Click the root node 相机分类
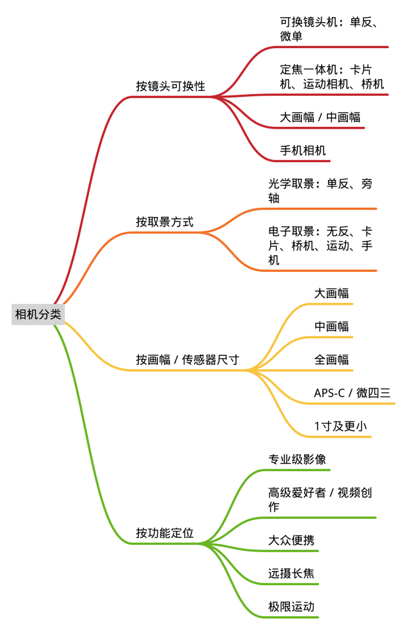[38, 314]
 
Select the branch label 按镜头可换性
[171, 86]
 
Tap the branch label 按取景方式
[165, 221]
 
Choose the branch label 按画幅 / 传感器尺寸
[187, 360]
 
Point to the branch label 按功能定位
[165, 533]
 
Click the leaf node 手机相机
[303, 151]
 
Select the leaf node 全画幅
[332, 360]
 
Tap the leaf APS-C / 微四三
[352, 393]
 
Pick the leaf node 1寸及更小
[340, 426]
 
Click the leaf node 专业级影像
[297, 460]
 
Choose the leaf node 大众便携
[291, 541]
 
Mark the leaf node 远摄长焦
[291, 574]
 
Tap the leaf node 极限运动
[291, 606]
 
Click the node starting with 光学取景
[320, 191]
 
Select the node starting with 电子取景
[320, 246]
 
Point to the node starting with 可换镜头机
[329, 29]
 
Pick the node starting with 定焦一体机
[332, 77]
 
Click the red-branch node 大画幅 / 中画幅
[320, 117]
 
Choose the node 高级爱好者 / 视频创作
[320, 499]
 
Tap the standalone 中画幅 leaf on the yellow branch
[332, 327]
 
